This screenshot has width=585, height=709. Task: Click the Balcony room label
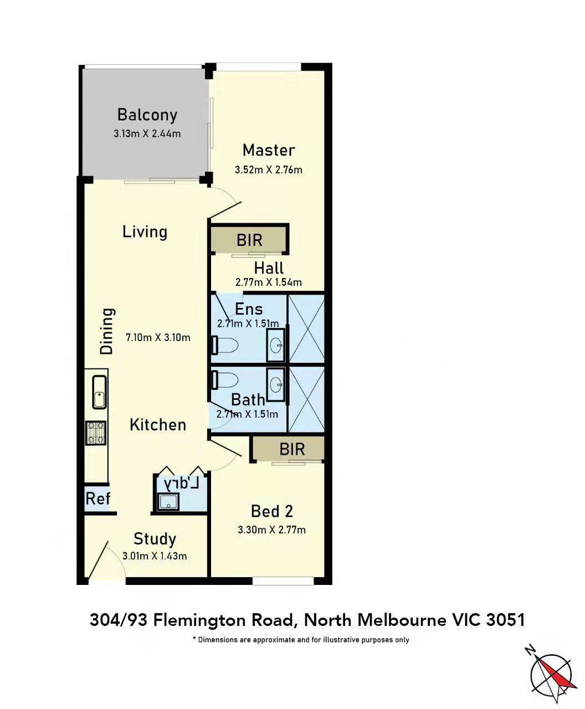click(x=147, y=115)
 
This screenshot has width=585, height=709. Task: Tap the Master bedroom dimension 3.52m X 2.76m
click(x=268, y=170)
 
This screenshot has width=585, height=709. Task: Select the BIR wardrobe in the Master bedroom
click(x=249, y=239)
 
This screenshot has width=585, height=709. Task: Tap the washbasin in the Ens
click(x=275, y=345)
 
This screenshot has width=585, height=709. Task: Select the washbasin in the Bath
click(x=275, y=385)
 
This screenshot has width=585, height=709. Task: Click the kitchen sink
click(x=100, y=392)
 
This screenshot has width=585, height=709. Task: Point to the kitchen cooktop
click(x=96, y=433)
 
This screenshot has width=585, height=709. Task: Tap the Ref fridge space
click(x=97, y=499)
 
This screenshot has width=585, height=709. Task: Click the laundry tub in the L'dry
click(x=168, y=501)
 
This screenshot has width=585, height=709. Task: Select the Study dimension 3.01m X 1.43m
click(x=155, y=556)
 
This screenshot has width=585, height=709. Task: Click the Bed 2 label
click(x=272, y=511)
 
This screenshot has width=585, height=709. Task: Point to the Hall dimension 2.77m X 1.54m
click(x=268, y=282)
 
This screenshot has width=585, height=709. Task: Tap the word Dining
click(x=107, y=331)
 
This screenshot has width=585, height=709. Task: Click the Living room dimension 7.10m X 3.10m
click(x=158, y=337)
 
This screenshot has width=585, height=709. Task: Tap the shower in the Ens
click(x=306, y=328)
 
